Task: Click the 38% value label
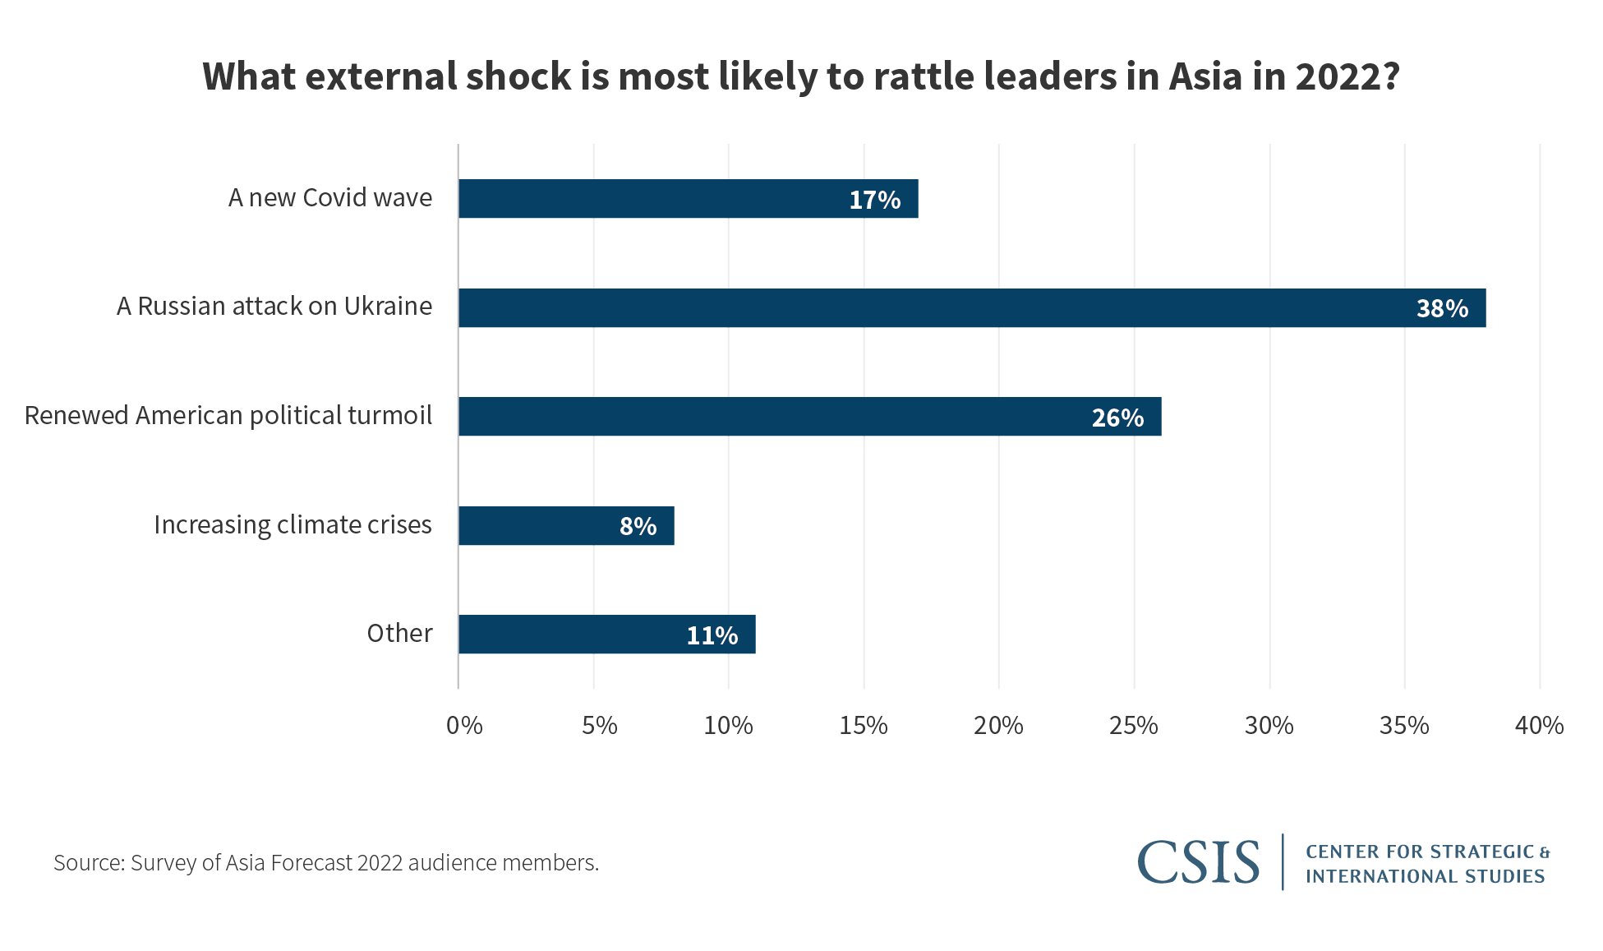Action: pyautogui.click(x=1442, y=308)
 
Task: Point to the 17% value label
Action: pyautogui.click(x=874, y=200)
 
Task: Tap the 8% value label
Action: pyautogui.click(x=638, y=526)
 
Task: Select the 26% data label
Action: pyautogui.click(x=1117, y=418)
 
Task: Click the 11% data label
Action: pyautogui.click(x=712, y=635)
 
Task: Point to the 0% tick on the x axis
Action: pyautogui.click(x=464, y=725)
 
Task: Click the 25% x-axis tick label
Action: pyautogui.click(x=1133, y=725)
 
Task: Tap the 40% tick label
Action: pyautogui.click(x=1539, y=725)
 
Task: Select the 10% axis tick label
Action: pyautogui.click(x=728, y=725)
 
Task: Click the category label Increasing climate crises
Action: pyautogui.click(x=293, y=524)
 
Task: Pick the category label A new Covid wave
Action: pyautogui.click(x=330, y=198)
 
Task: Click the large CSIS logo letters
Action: pyautogui.click(x=1198, y=861)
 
